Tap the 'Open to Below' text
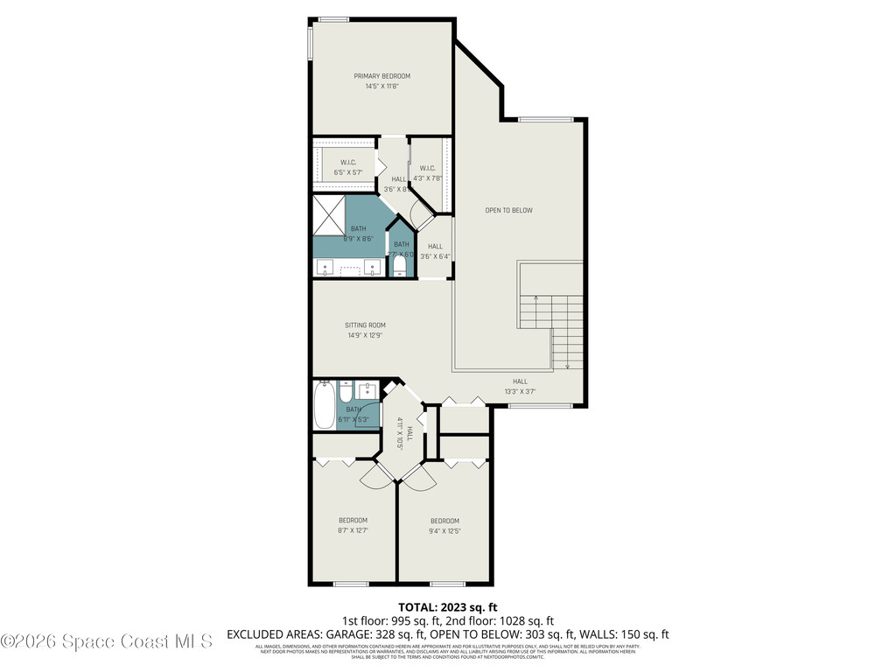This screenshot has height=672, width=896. (508, 210)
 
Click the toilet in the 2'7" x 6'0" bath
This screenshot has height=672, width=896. (401, 263)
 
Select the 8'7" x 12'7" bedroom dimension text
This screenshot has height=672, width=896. (353, 530)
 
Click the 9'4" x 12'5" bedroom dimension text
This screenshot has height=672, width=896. (444, 530)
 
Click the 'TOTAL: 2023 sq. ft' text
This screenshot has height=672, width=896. (447, 606)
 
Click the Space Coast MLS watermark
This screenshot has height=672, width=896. (106, 641)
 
